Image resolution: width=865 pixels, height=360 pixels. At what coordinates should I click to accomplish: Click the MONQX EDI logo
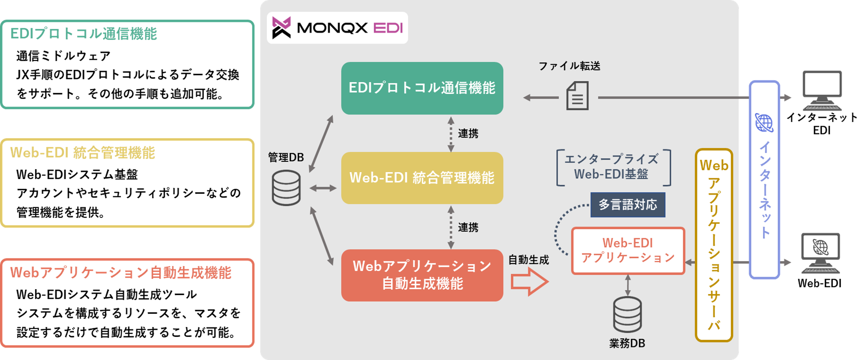(337, 28)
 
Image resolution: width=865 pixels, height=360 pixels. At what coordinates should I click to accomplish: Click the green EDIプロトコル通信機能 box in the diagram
(422, 88)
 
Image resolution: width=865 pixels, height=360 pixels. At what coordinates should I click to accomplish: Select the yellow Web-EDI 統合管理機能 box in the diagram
(422, 178)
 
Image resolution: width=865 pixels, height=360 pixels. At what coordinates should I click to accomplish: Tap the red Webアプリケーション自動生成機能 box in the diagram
(422, 275)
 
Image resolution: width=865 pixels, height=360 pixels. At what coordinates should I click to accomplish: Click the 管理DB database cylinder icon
(286, 188)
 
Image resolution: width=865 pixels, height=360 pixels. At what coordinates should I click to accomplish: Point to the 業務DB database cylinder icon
(627, 315)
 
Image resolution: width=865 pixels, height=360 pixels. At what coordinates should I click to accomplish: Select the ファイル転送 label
(569, 66)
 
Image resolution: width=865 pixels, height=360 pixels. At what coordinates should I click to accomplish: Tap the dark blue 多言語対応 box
(628, 205)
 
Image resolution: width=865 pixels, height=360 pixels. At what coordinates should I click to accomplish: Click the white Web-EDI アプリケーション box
(628, 251)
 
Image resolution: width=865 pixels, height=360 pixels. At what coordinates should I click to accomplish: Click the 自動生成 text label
(529, 260)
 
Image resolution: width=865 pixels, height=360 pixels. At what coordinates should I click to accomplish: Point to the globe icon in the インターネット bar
(764, 123)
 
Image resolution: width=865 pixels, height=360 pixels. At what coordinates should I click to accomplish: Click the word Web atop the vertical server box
(714, 165)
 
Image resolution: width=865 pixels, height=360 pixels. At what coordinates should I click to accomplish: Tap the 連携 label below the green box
(468, 134)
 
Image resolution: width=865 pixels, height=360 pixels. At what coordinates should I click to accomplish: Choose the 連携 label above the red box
(468, 227)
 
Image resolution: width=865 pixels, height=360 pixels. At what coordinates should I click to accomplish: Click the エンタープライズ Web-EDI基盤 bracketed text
(612, 167)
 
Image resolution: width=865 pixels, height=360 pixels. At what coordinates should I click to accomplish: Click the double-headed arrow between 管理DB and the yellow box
(323, 188)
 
